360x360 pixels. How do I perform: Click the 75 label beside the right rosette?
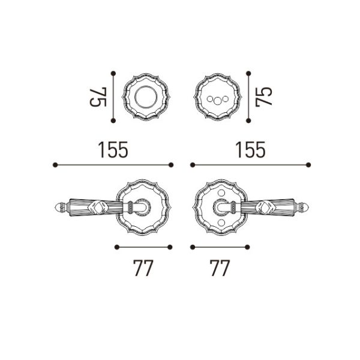263,97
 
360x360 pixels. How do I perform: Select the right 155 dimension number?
249,149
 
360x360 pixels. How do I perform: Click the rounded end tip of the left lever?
59,208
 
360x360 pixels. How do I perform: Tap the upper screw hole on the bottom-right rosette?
224,193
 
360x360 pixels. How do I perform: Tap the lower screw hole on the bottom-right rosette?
224,223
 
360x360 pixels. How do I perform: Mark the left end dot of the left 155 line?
55,164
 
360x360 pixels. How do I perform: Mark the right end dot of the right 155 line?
309,164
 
